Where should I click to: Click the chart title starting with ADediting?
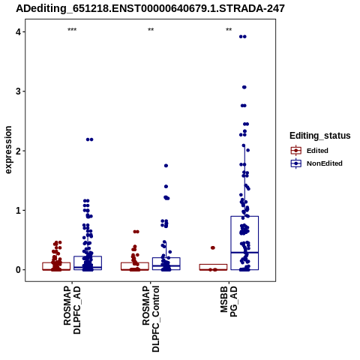[150, 8]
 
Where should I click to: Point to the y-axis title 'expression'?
[8, 150]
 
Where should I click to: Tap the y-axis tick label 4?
[19, 32]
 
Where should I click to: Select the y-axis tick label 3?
[19, 91]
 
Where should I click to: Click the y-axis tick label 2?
[19, 151]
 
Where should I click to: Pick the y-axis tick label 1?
[19, 210]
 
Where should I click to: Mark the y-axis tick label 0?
[19, 270]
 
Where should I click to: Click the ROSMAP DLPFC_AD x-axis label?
[72, 310]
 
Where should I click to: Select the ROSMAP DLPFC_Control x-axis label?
[151, 319]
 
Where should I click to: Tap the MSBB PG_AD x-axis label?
[229, 301]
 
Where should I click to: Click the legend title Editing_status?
[320, 136]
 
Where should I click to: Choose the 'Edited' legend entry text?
[317, 151]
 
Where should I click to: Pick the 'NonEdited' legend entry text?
[325, 163]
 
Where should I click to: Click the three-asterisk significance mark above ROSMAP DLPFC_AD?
[72, 30]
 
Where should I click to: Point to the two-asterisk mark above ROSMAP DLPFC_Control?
[151, 30]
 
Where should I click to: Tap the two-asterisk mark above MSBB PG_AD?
[229, 30]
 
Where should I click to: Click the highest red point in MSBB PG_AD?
[213, 247]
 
